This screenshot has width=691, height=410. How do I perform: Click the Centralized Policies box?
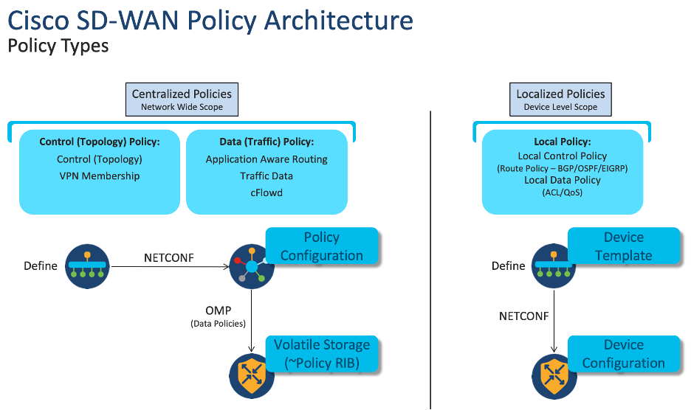pos(182,100)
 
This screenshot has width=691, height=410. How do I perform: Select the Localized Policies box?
pos(560,100)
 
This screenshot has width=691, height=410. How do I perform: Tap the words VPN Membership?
pos(100,176)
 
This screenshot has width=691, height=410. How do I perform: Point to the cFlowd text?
pos(267,193)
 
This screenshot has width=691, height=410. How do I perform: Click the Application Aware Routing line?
pos(267,159)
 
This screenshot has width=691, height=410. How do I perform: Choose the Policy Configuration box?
pos(322,246)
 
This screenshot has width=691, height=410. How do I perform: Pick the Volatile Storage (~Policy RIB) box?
pos(322,354)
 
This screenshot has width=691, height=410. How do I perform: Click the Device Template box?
pos(623,246)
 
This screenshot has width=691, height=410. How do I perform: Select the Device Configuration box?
pos(623,354)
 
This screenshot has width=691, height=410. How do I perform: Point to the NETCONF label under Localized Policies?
pos(523,317)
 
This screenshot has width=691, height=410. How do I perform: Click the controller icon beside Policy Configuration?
pos(252,266)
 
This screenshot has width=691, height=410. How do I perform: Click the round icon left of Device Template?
pos(554,266)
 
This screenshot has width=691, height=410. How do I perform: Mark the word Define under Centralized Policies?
pos(40,266)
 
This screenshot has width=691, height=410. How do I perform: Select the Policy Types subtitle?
pos(58,46)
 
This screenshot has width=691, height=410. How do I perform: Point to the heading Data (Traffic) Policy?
pos(267,142)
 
